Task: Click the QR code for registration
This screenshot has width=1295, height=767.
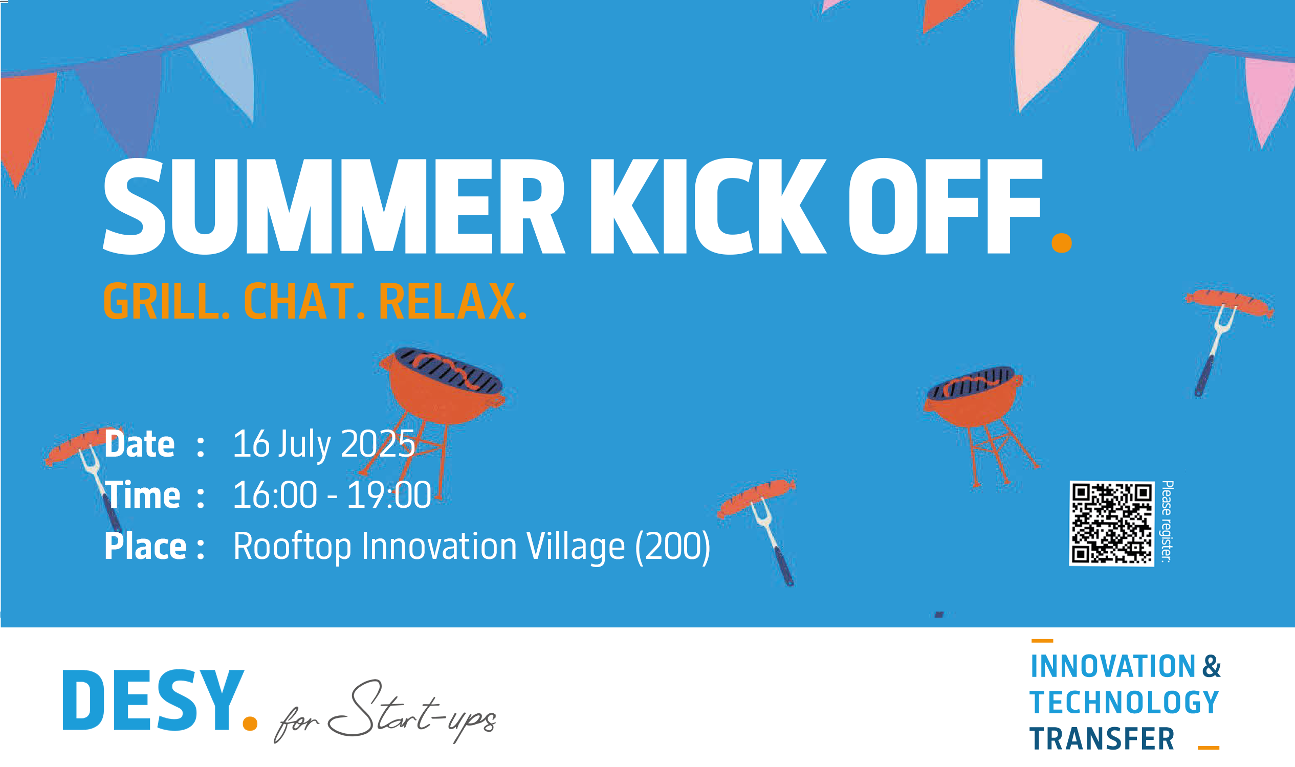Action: [1111, 524]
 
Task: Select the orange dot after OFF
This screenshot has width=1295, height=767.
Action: [1062, 243]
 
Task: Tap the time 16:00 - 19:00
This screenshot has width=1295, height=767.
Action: [332, 495]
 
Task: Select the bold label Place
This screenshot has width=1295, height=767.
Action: [145, 546]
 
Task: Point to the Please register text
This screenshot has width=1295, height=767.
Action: [1167, 522]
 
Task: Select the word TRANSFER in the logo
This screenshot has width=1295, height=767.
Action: [1102, 738]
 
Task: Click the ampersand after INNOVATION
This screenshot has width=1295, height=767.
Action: [1211, 666]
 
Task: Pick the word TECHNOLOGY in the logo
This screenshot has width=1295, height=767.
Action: [1124, 703]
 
